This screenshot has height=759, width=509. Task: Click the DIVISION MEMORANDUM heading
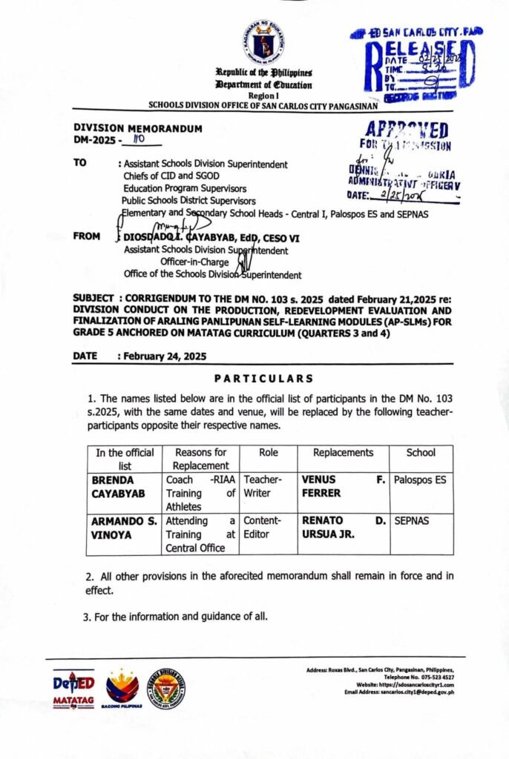pos(137,128)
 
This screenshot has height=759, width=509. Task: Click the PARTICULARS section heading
pos(258,378)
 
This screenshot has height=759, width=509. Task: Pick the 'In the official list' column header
pos(125,459)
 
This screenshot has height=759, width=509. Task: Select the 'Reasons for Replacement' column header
pos(200,459)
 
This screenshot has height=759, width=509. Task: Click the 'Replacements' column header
pos(343,452)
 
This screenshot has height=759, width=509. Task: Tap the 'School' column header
pos(421,452)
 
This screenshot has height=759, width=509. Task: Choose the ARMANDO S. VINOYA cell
pos(125,527)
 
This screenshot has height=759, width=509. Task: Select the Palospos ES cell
pos(420,480)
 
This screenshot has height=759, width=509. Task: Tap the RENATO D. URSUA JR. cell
pos(343,527)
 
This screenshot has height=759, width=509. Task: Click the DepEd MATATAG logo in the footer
pos(73,689)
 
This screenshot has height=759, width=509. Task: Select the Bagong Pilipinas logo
pos(122,689)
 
